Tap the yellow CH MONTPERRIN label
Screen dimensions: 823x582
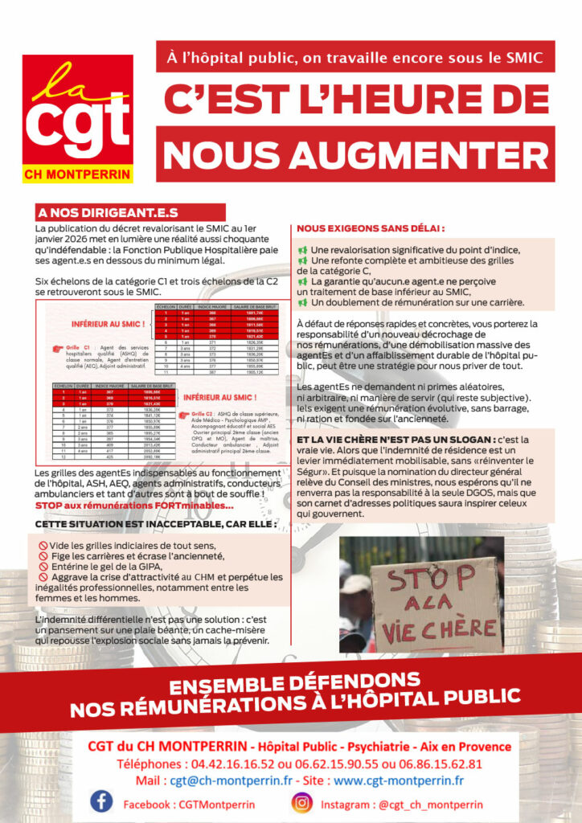(x=77, y=173)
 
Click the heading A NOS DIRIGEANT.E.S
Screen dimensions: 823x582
(x=108, y=213)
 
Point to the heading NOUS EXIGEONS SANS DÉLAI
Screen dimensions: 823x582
(x=371, y=228)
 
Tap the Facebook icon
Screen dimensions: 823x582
(x=101, y=802)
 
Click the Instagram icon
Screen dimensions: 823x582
(x=301, y=802)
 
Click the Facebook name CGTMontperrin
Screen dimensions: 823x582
(x=189, y=803)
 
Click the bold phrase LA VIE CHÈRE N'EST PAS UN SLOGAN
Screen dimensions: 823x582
(x=396, y=440)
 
